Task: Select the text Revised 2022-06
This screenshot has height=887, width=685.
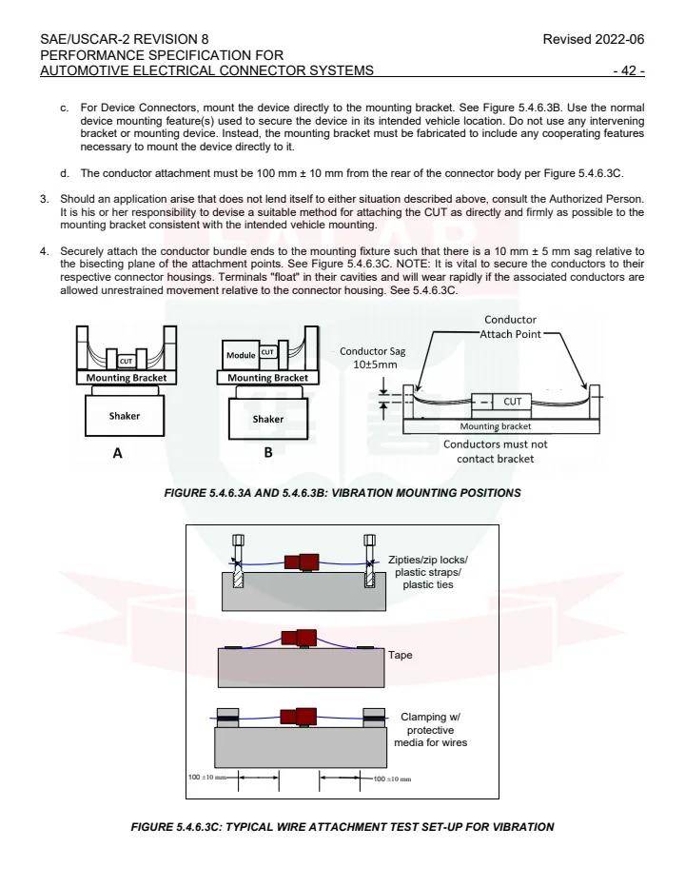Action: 596,39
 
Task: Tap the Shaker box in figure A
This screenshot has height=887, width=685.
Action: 124,416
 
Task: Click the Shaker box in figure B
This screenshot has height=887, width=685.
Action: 267,419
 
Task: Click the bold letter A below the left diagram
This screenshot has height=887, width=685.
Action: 118,454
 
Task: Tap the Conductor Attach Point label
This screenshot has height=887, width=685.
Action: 510,327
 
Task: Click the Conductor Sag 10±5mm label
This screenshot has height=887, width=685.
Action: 372,358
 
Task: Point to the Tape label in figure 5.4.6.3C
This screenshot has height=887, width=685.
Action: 400,656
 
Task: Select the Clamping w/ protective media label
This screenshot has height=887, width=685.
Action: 433,729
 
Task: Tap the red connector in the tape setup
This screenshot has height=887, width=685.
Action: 304,639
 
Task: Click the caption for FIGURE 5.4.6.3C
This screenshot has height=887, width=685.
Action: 342,826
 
